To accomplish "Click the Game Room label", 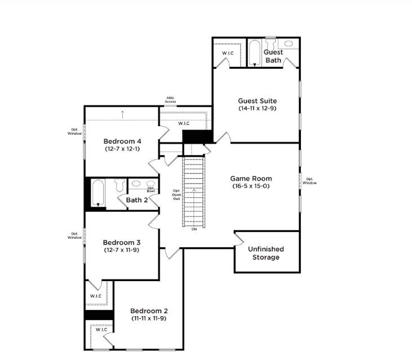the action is click(251, 179).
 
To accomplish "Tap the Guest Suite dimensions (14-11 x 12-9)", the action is click(258, 108).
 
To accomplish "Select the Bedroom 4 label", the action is click(122, 141).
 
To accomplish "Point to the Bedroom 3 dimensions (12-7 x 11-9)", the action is click(122, 250).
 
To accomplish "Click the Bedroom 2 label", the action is click(149, 311).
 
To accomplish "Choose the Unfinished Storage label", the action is click(266, 253).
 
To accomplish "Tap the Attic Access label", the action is click(171, 100).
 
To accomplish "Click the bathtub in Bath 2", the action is click(98, 193).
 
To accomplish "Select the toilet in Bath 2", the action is click(119, 185).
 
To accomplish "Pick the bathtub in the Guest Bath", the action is click(254, 53).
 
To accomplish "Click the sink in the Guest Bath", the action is click(289, 43).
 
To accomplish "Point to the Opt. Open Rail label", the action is click(176, 195).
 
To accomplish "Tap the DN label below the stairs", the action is click(194, 229).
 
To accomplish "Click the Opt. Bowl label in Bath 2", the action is click(151, 189).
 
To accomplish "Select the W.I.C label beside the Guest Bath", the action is click(228, 53).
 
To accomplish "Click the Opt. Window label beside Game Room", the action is click(309, 181).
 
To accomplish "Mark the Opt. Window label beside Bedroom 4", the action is click(74, 132).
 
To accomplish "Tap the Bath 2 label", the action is click(137, 200).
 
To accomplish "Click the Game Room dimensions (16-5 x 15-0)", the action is click(251, 186).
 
